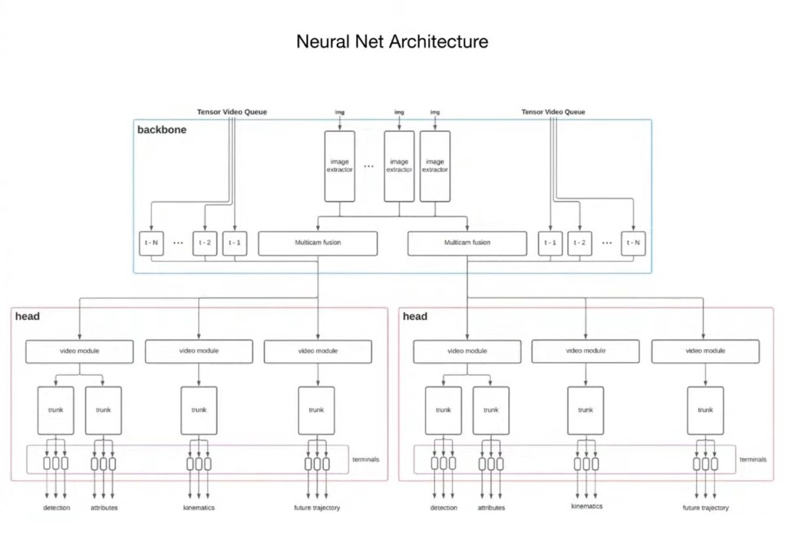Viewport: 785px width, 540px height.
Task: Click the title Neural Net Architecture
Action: coord(392,42)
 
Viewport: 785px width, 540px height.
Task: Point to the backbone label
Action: coord(162,129)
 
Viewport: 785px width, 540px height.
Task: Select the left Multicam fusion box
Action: coord(318,243)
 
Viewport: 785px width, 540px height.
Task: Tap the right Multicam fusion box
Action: coord(467,243)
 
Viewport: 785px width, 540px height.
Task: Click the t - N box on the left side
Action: coord(151,243)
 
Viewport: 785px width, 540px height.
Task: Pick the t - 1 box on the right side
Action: coord(550,243)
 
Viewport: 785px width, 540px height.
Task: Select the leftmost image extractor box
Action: coord(340,166)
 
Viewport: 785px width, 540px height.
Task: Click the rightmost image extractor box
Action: coord(435,166)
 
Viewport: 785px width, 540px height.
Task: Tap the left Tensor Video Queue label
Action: coord(232,112)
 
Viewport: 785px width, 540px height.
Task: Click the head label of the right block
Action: coord(415,316)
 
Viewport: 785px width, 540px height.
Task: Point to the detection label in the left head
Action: coord(57,508)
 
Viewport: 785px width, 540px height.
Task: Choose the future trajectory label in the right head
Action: coord(705,508)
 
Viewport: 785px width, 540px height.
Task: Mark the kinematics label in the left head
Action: coord(199,508)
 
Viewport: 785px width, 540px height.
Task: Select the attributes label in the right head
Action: coord(491,508)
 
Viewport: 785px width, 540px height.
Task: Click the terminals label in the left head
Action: coord(365,460)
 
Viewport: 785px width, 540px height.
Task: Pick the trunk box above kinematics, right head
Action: coord(585,411)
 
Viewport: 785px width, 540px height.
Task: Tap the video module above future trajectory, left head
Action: coord(318,351)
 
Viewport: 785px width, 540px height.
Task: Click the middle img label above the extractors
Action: coord(399,112)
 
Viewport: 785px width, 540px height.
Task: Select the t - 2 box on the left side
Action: coord(204,243)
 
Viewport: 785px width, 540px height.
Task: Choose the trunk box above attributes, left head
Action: coord(103,411)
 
